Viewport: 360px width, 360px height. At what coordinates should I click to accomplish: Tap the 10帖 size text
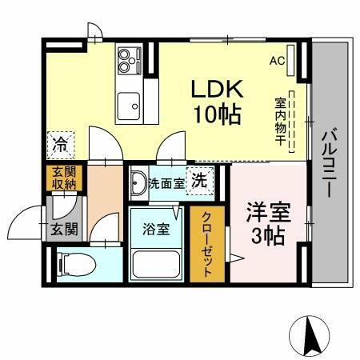pos(214,114)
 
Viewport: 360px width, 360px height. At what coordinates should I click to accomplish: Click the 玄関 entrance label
pos(64,230)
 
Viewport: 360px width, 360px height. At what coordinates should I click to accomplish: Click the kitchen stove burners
pos(128,58)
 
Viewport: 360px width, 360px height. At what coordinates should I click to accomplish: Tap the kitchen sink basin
pos(128,103)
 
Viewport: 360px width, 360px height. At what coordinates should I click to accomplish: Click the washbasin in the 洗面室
pos(138,180)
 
